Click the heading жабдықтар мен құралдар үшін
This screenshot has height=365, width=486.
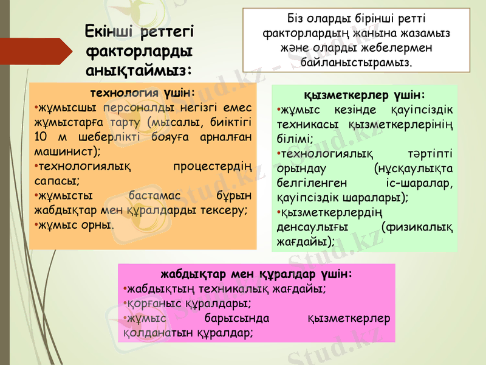click(x=255, y=273)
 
